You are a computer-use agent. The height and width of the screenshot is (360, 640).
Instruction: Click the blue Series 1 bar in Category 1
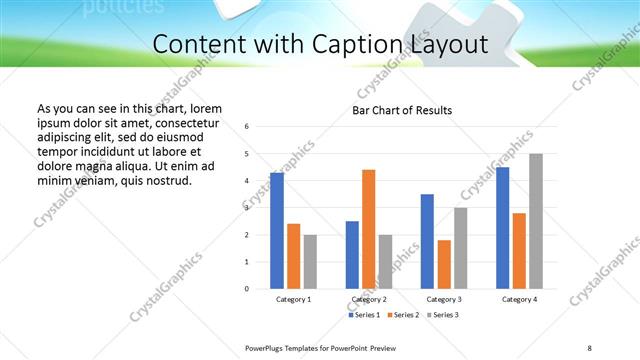click(277, 231)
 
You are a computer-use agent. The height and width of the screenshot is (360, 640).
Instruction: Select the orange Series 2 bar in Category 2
click(368, 229)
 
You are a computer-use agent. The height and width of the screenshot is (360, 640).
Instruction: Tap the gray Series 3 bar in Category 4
click(536, 221)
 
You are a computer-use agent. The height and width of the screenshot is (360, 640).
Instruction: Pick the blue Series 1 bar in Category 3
click(427, 241)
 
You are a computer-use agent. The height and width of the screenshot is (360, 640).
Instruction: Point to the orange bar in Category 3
click(444, 264)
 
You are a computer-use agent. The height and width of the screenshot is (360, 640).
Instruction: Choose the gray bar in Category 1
click(310, 262)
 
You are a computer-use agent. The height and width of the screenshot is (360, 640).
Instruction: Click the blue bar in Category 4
click(503, 228)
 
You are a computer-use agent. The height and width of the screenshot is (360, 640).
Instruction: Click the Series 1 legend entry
click(366, 315)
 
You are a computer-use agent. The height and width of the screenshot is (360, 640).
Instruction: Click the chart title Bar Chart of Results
click(403, 110)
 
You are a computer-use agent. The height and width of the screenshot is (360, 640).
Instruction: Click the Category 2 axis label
click(368, 299)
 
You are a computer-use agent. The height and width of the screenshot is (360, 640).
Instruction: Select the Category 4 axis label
click(519, 299)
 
